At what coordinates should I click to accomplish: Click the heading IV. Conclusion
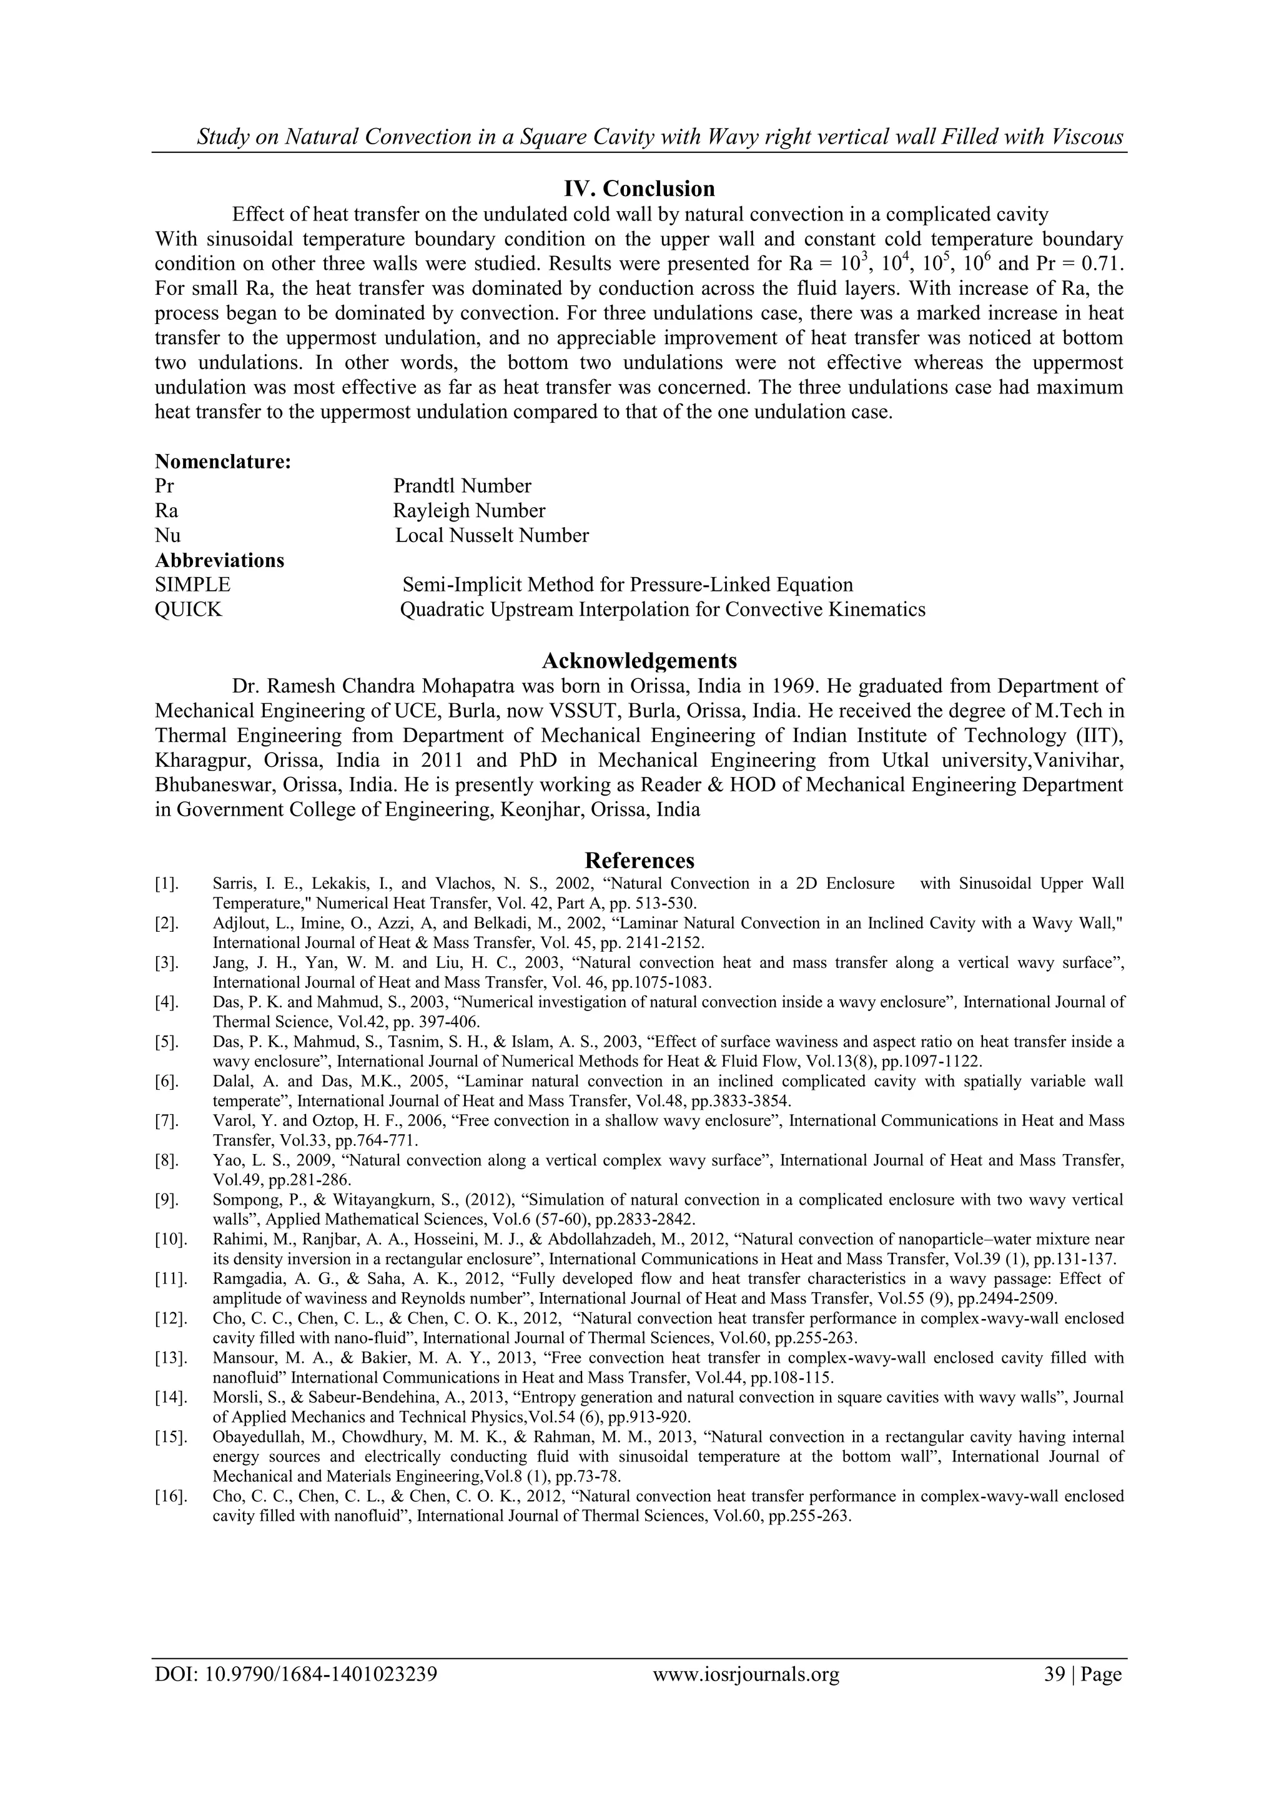(x=639, y=189)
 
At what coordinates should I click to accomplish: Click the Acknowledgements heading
(x=639, y=660)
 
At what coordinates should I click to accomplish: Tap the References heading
(x=639, y=860)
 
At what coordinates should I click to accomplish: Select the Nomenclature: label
(x=223, y=462)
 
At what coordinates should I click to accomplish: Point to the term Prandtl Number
(x=462, y=486)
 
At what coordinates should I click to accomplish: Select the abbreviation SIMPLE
(x=193, y=585)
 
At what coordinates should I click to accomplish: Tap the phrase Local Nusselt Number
(x=491, y=535)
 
